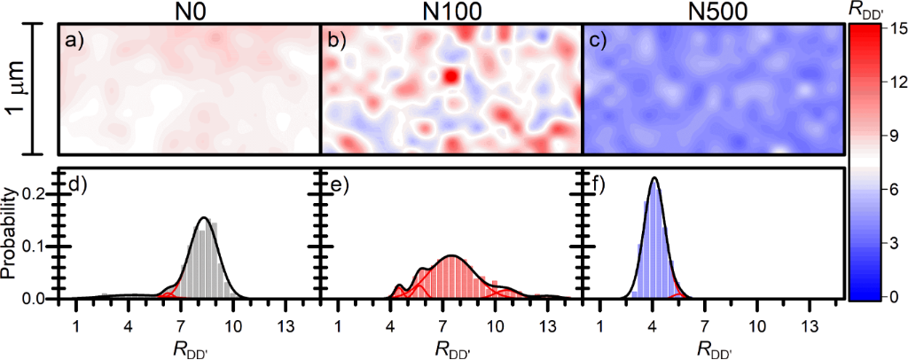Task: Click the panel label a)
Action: click(74, 41)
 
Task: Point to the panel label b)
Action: click(336, 41)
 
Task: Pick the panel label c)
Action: click(598, 41)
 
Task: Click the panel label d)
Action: click(74, 185)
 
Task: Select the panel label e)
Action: click(336, 185)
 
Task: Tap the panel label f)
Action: click(597, 185)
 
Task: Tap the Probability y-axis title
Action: click(11, 235)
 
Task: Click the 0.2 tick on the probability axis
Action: click(34, 192)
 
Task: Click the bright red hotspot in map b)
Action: click(452, 76)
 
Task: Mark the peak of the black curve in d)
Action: click(205, 217)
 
